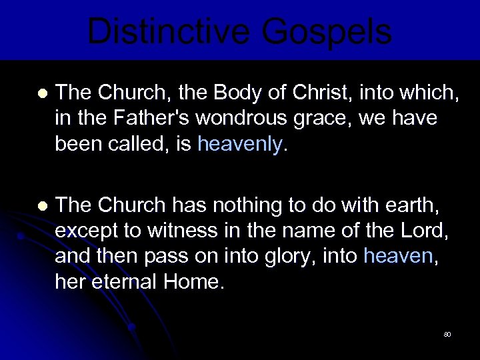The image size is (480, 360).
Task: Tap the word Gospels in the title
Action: [x=327, y=31]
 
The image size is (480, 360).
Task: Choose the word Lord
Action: [x=425, y=231]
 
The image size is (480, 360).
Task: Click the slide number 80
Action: [x=447, y=333]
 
